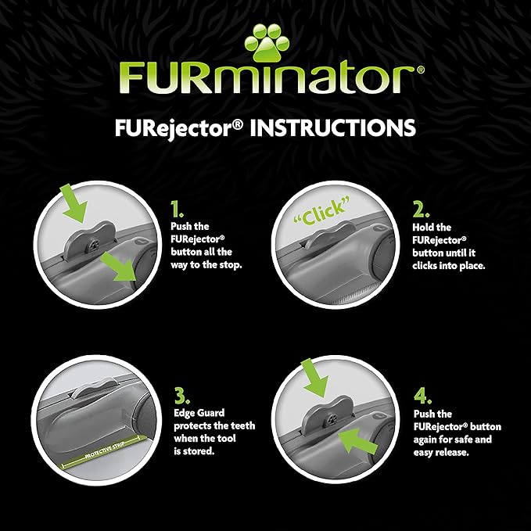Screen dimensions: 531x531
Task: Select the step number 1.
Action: (177, 209)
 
